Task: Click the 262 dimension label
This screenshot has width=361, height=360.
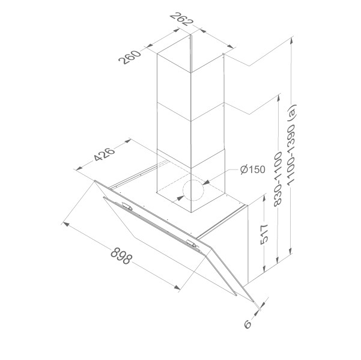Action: [181, 19]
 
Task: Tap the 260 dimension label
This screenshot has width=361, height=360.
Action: [129, 56]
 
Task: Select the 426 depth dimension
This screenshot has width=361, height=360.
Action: [104, 153]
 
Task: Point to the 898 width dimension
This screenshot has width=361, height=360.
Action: [121, 255]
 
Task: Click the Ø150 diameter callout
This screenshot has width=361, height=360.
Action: [252, 169]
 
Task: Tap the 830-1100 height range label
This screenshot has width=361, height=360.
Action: [278, 179]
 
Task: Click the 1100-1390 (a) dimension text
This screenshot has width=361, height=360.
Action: [291, 144]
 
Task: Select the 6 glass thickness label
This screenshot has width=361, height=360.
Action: [247, 324]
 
